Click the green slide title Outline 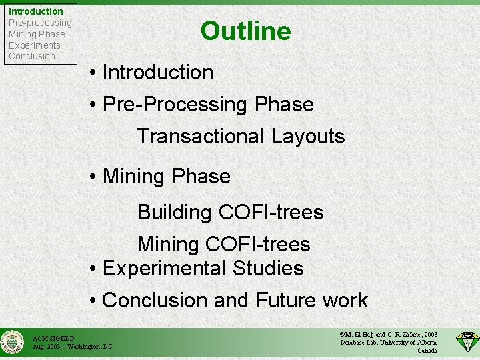tap(245, 31)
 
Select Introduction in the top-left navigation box tap(36, 11)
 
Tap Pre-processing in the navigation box tap(40, 23)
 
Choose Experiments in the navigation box tap(35, 45)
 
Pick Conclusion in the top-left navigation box tap(32, 56)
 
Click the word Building tap(175, 213)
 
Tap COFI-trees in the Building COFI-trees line tap(271, 213)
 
